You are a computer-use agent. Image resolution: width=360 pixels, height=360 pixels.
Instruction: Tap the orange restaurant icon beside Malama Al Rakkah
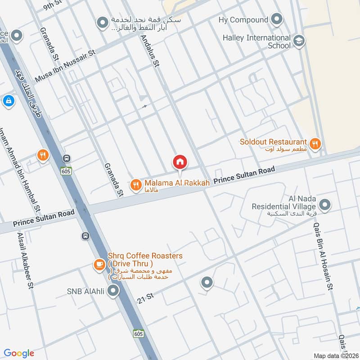click(x=135, y=184)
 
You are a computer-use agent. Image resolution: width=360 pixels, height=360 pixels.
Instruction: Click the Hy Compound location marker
click(x=277, y=20)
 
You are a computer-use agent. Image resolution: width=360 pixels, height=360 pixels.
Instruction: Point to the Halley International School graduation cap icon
click(x=298, y=42)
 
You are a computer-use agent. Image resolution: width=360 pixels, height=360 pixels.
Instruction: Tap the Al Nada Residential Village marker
click(x=325, y=206)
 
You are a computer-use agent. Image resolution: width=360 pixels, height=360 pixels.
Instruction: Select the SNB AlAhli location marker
click(x=114, y=292)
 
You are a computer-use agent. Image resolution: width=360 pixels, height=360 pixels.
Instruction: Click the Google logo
click(x=19, y=353)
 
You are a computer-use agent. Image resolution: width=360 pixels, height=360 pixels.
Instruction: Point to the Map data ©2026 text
click(x=335, y=355)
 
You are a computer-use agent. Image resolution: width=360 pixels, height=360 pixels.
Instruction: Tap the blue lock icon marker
click(x=8, y=101)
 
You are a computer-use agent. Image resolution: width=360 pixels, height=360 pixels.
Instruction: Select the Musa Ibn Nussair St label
click(x=66, y=66)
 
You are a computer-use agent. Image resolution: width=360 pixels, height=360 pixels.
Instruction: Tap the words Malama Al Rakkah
click(x=177, y=184)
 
